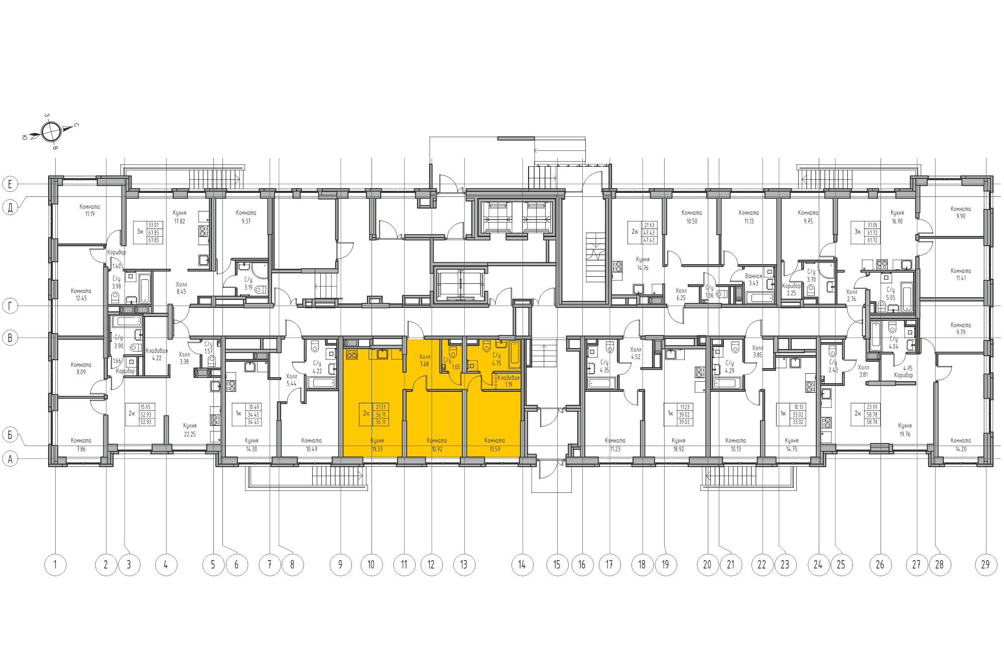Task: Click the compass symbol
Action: (x=51, y=132)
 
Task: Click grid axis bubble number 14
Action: (x=522, y=565)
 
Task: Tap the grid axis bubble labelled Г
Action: (x=10, y=305)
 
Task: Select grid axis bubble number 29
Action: (x=985, y=565)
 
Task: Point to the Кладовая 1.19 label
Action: (x=508, y=381)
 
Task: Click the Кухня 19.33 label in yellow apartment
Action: (x=377, y=445)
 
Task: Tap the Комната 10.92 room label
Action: (x=437, y=445)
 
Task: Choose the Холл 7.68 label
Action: (x=425, y=360)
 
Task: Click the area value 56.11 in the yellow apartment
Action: (x=381, y=415)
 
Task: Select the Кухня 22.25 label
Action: (x=190, y=430)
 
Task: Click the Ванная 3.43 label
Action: (x=754, y=279)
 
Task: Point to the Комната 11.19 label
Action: (x=90, y=210)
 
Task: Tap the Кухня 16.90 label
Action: (x=897, y=216)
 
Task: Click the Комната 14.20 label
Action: (x=960, y=445)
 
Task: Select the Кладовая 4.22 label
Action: (x=157, y=354)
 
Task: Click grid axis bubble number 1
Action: (x=55, y=565)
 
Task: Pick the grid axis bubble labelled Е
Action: (x=10, y=184)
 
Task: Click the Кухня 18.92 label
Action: (x=678, y=445)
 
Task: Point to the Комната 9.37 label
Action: (x=246, y=216)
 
